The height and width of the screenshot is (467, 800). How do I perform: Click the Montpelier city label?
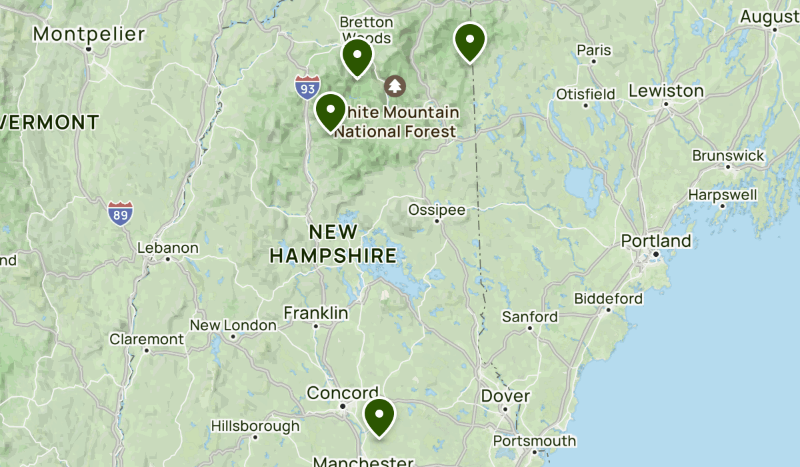[89, 34]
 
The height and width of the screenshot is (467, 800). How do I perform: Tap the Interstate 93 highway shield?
[307, 87]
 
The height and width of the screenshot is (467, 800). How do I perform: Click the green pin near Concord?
[379, 416]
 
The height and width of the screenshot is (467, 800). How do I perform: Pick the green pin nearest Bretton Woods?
[357, 57]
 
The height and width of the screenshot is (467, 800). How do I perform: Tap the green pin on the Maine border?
[470, 41]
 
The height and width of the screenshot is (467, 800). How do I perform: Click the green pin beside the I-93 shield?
[330, 111]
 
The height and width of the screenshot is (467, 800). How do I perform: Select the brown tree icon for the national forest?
[395, 85]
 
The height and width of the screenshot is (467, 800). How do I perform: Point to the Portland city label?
[656, 241]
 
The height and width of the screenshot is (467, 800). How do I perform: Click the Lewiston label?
[666, 91]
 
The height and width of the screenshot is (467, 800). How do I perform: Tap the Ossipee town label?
[437, 210]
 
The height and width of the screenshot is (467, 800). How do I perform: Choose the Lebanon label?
[168, 248]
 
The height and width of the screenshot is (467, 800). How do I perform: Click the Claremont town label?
[147, 339]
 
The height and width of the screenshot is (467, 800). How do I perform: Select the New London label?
[233, 326]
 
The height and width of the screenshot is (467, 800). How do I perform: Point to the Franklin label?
[316, 313]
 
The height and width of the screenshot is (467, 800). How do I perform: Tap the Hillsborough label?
[255, 426]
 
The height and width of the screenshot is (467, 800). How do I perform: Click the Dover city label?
[505, 396]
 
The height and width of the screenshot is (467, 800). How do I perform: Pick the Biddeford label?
[608, 298]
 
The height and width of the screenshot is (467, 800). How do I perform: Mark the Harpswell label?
[723, 195]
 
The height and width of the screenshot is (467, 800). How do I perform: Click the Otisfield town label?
[585, 94]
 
